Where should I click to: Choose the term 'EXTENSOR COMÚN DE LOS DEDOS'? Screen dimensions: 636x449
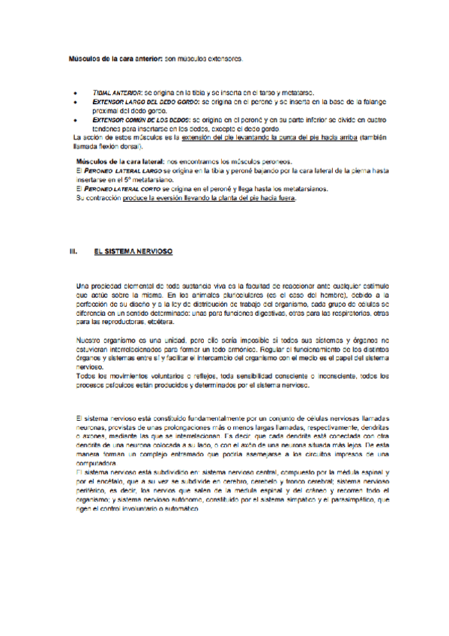[x=140, y=119]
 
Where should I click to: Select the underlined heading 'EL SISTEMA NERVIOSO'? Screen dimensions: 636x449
[x=134, y=252]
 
